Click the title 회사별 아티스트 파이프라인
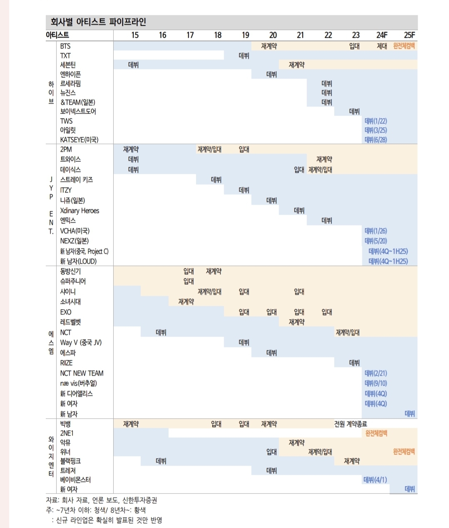click(98, 22)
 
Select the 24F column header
click(382, 35)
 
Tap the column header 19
click(245, 35)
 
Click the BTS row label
click(65, 46)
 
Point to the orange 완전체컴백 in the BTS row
click(404, 46)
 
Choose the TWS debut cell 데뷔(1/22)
click(376, 121)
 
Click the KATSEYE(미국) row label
click(79, 140)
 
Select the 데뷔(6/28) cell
click(376, 140)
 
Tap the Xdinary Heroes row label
click(79, 211)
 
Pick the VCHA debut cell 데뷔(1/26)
click(376, 231)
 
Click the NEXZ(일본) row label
click(74, 241)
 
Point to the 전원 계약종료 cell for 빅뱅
click(350, 424)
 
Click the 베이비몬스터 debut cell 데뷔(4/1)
click(375, 480)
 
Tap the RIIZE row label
click(66, 363)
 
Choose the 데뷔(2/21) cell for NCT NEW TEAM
click(376, 373)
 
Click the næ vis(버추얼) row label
click(78, 383)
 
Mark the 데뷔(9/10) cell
click(376, 383)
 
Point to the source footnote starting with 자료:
click(102, 500)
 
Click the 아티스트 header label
click(57, 35)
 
